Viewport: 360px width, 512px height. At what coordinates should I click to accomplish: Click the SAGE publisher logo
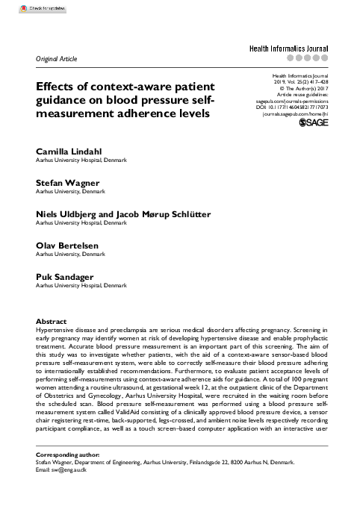[x=314, y=120]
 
